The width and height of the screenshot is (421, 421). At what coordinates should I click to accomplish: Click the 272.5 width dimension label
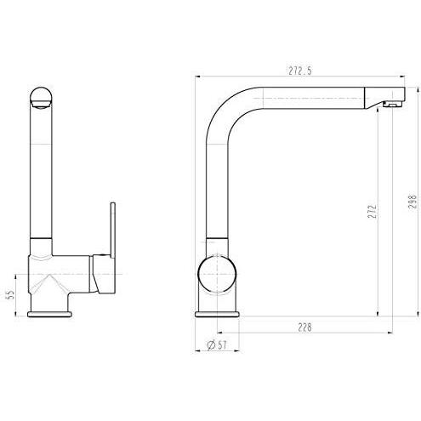coord(300,71)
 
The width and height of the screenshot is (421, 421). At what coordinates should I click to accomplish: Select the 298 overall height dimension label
coord(412,202)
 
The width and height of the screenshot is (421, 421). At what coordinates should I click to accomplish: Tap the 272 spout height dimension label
coord(372,212)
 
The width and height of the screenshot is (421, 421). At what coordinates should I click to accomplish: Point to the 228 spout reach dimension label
coord(304,327)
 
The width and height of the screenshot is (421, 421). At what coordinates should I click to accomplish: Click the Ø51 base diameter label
coord(217,345)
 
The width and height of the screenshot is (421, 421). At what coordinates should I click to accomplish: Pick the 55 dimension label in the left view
coord(10,294)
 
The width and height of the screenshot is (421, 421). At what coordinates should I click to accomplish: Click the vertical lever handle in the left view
coord(112,230)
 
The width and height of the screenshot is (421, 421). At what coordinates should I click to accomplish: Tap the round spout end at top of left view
coord(42,98)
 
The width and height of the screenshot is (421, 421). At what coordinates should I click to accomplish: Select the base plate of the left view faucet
coord(50,314)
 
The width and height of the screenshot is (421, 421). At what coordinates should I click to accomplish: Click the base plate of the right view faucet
coord(218,314)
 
